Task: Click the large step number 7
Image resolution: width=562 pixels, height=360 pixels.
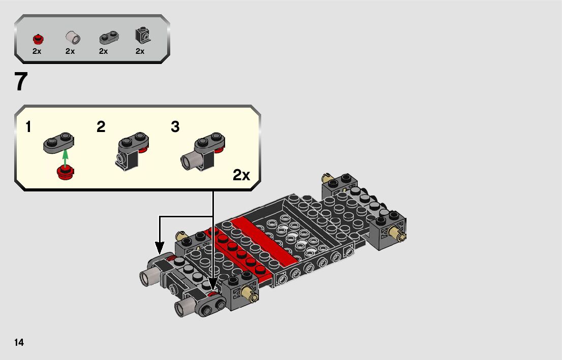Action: point(21,82)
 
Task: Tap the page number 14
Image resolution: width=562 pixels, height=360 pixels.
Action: point(19,342)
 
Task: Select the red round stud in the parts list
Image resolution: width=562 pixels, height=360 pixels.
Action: point(38,38)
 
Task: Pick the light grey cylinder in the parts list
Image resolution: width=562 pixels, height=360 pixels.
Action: point(73,37)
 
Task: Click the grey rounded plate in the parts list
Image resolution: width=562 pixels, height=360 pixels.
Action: point(109,38)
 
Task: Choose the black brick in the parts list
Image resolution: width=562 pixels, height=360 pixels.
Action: point(143,36)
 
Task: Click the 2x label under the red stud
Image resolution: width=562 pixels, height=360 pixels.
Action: point(37,51)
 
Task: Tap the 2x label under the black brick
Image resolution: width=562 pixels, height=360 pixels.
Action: point(140,51)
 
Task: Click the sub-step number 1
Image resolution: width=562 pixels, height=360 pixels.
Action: point(28,127)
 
